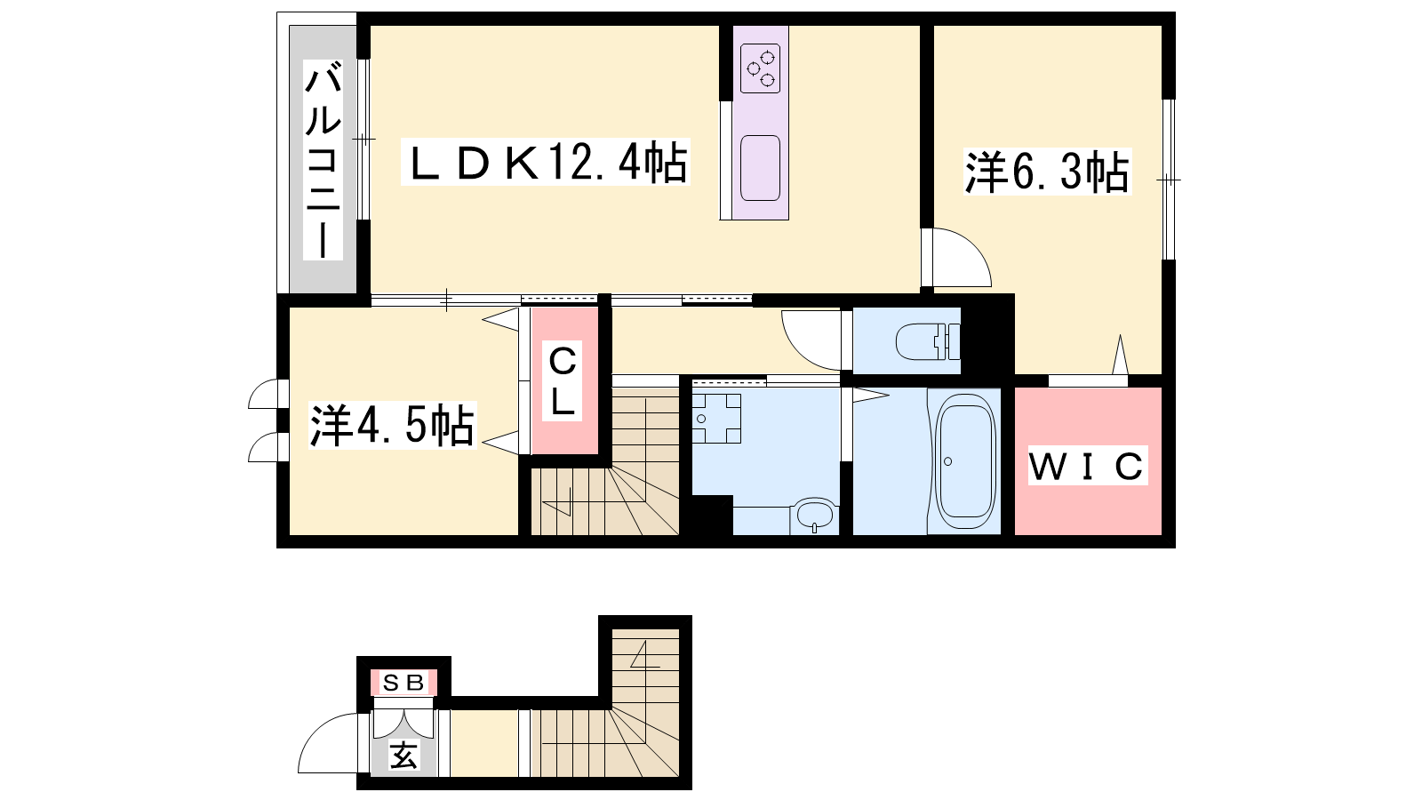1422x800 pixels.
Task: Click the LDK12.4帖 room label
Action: click(546, 163)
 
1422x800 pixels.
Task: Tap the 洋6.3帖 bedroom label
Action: click(1048, 172)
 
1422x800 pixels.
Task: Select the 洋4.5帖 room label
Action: click(392, 426)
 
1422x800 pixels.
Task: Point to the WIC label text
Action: click(1087, 466)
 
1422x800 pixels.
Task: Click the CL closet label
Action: click(563, 381)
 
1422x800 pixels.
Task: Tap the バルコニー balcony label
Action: click(324, 160)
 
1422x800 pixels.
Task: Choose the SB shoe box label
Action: click(403, 684)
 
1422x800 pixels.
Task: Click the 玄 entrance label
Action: click(403, 756)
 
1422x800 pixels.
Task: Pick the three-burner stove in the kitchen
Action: click(761, 69)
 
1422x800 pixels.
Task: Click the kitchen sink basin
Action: click(761, 168)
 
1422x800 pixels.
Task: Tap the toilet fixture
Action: click(928, 341)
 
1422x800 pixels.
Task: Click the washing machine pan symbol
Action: click(716, 419)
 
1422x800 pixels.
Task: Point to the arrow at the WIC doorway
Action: click(1120, 355)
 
